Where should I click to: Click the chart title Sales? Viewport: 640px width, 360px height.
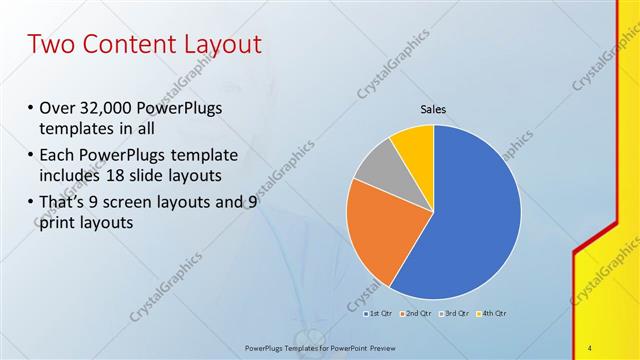click(x=432, y=110)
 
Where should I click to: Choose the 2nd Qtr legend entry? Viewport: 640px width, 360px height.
click(x=417, y=314)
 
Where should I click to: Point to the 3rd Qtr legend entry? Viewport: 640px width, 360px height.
click(x=454, y=314)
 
